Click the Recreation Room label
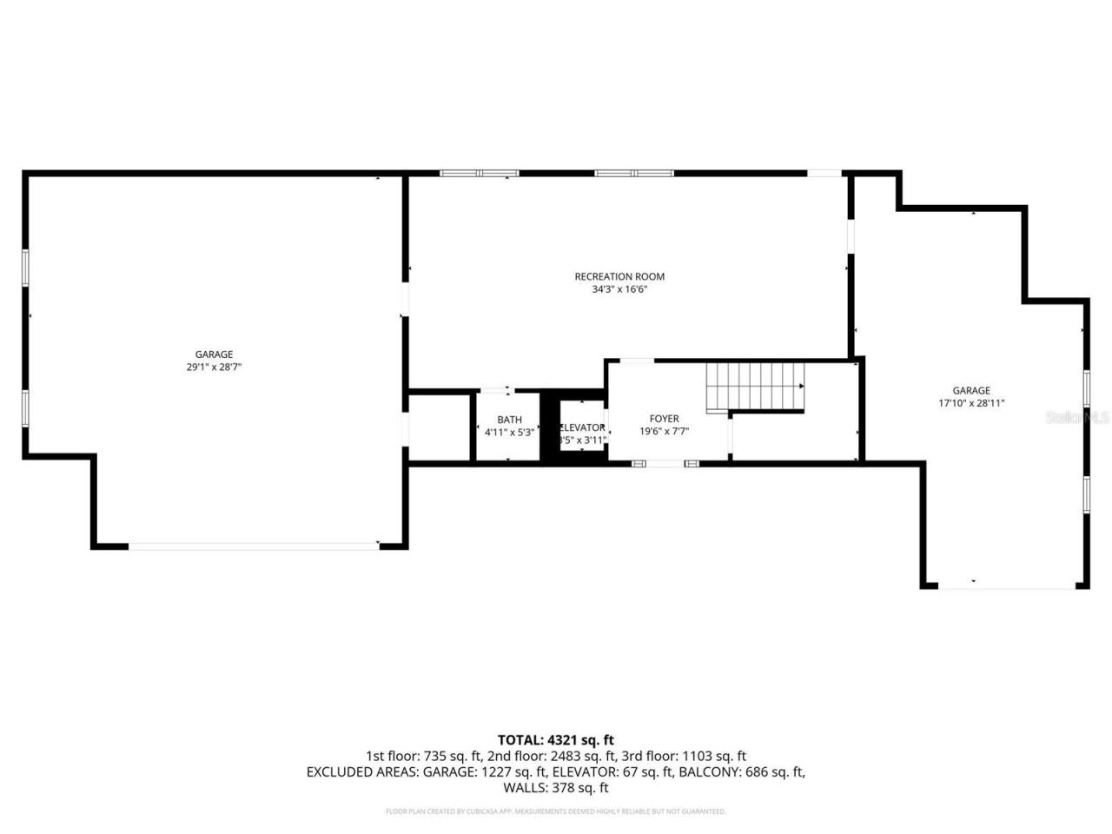tap(619, 277)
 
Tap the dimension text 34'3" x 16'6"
tap(619, 290)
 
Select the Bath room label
tap(509, 420)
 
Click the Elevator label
tap(582, 427)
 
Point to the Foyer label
tap(664, 419)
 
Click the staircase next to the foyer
tap(754, 386)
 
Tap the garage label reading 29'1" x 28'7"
tap(213, 367)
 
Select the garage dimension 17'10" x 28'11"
tap(970, 403)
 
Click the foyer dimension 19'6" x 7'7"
tap(664, 432)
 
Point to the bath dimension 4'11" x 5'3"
tap(509, 433)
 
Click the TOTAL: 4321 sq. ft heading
tap(556, 740)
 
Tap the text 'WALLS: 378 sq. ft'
tap(556, 788)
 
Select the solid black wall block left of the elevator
tap(549, 428)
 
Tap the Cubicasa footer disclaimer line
tap(556, 811)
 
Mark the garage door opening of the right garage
tap(1007, 587)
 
